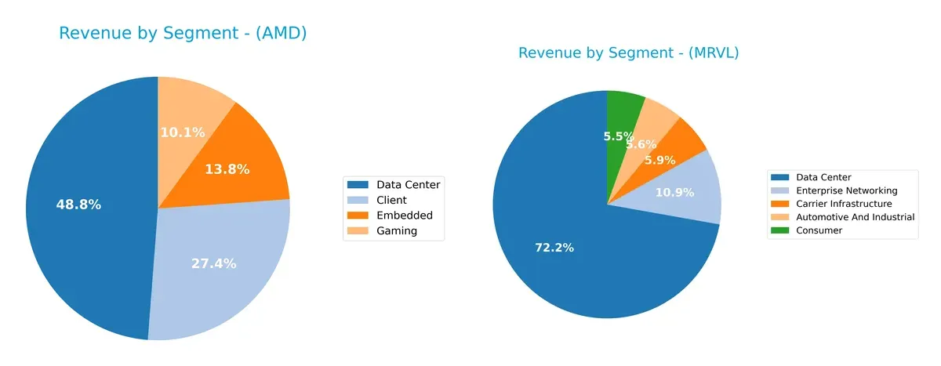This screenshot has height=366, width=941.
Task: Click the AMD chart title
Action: [x=183, y=33]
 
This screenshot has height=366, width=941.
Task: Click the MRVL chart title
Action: [x=628, y=53]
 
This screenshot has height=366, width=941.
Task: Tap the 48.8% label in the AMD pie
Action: [x=78, y=205]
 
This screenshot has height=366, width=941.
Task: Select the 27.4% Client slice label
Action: [x=213, y=263]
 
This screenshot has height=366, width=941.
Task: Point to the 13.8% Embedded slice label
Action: [x=227, y=169]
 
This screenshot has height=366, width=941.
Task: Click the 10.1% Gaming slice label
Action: [x=183, y=132]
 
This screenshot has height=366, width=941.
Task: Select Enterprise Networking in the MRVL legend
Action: [x=846, y=190]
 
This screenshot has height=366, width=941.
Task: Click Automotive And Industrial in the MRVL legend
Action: [x=855, y=217]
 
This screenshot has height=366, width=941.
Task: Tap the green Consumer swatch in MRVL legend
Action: [x=782, y=230]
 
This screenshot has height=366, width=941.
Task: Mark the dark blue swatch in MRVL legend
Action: [x=782, y=177]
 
